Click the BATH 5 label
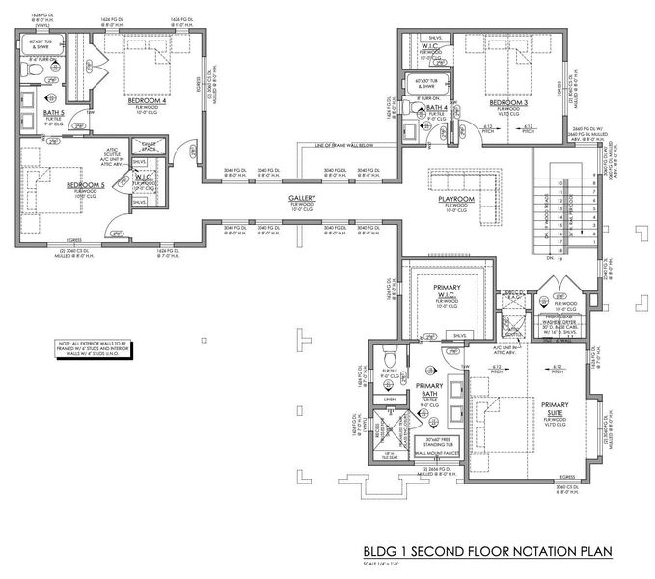[54, 113]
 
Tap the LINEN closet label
[390, 399]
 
